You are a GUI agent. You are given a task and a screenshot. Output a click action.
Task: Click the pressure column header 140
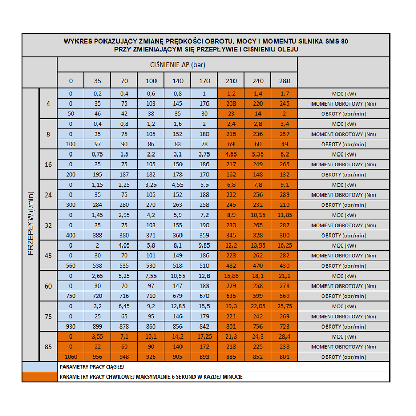(178, 81)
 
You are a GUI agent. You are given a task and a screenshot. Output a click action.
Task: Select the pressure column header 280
(284, 81)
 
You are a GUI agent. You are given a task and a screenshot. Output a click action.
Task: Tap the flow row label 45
(48, 256)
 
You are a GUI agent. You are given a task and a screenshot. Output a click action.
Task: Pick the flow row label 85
(48, 347)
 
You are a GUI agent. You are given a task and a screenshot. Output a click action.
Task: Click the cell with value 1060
(71, 357)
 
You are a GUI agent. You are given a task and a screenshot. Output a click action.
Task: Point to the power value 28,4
(284, 337)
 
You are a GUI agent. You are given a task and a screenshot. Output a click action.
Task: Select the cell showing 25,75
(284, 306)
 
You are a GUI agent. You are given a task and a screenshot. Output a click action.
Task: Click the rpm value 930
(71, 327)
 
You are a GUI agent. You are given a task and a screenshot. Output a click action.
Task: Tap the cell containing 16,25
(284, 245)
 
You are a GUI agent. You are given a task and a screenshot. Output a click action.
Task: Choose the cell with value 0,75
(98, 154)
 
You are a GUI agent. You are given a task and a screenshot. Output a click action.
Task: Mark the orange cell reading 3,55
(98, 337)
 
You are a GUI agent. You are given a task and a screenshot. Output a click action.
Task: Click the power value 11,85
(284, 215)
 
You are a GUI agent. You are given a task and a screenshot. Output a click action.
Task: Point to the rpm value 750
(71, 296)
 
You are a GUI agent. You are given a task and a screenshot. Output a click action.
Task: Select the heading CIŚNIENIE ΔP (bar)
(177, 64)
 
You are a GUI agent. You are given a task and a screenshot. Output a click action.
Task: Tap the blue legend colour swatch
(40, 367)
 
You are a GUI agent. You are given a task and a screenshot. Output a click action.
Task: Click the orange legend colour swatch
(40, 376)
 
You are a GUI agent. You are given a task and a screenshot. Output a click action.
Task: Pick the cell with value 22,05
(258, 306)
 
